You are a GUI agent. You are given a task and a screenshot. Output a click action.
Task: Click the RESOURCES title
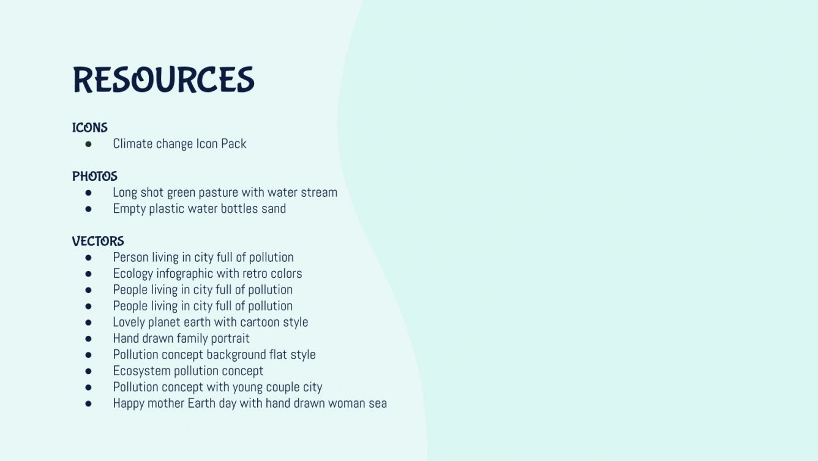tap(163, 80)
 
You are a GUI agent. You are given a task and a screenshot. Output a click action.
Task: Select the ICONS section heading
tap(90, 128)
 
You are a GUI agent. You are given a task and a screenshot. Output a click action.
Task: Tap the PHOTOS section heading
tap(95, 177)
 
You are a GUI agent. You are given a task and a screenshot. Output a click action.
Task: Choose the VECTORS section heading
tap(98, 242)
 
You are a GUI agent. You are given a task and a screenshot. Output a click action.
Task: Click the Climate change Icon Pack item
tap(179, 144)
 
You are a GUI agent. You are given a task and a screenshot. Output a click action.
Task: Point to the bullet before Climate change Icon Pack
tap(88, 144)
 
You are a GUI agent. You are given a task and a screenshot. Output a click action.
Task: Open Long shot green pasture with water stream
tap(225, 192)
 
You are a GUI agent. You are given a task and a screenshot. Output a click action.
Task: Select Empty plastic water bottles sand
tap(199, 208)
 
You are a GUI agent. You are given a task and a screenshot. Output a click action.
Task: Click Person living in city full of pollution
tap(203, 257)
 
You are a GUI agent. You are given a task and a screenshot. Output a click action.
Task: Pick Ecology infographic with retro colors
tap(207, 273)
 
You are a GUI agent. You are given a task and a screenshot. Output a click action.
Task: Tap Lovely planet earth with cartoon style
tap(210, 322)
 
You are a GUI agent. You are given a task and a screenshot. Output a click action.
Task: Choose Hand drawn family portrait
tap(181, 338)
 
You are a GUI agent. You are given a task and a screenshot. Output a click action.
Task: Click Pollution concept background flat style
tap(214, 354)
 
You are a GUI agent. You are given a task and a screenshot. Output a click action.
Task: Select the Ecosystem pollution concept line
tap(188, 371)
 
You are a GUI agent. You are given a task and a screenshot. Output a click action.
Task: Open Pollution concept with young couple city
tap(217, 387)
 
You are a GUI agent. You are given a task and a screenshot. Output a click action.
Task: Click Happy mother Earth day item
tap(250, 403)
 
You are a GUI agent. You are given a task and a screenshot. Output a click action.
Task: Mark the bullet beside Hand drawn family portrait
tap(88, 338)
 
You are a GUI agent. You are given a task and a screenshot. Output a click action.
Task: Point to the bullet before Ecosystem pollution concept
tap(88, 371)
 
